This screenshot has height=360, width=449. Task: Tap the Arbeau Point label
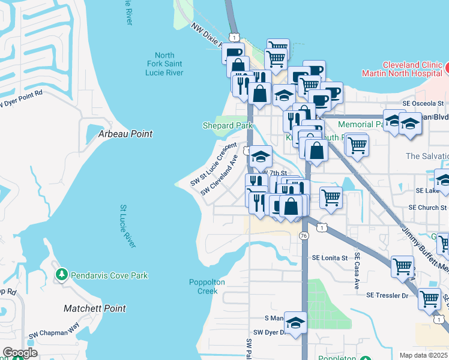pos(125,134)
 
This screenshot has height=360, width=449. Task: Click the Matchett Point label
pos(95,308)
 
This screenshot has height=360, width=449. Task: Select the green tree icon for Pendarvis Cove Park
pos(61,275)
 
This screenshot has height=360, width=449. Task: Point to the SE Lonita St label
pos(330,258)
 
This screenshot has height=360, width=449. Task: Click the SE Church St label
pos(428,207)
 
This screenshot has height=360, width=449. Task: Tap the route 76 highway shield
pos(304,238)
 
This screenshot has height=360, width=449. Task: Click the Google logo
pos(20,352)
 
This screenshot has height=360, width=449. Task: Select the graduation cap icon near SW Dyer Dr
pos(295,323)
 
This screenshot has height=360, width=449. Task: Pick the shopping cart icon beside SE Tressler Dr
pos(429,298)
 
